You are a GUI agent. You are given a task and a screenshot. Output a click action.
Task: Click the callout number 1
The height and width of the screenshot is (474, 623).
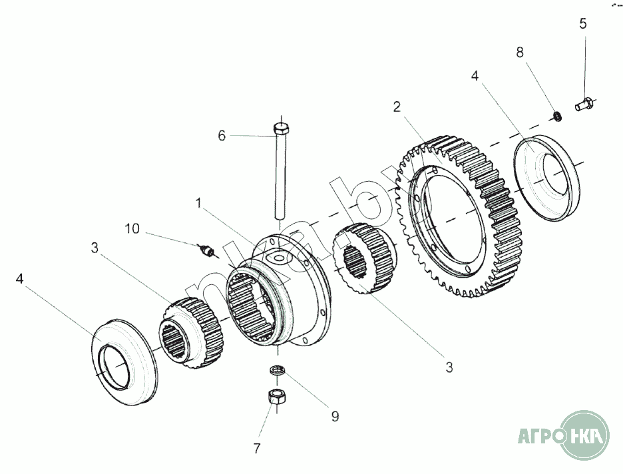[x=197, y=201]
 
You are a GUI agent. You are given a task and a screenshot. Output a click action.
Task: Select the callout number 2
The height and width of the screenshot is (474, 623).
[x=396, y=107]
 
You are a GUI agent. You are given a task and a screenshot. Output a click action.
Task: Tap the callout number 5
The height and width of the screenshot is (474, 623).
[x=583, y=24]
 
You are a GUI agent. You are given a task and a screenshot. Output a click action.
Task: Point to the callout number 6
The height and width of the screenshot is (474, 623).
[x=222, y=135]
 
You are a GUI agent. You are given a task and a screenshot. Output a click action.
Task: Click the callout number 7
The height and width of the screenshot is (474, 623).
[x=256, y=448]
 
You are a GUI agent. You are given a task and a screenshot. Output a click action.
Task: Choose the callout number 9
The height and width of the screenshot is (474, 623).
[x=335, y=417]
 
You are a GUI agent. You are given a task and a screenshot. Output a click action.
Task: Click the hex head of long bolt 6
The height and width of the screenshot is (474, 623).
[x=282, y=127]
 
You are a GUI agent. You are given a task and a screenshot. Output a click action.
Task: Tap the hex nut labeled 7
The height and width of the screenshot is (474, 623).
[x=274, y=397]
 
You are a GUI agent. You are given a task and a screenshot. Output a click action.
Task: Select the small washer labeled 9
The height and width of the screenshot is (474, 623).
[x=276, y=370]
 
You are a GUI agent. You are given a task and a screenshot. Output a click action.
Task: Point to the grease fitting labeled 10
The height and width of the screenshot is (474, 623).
[x=208, y=252]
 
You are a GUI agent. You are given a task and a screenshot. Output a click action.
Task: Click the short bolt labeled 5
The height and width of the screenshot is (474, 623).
[x=584, y=104]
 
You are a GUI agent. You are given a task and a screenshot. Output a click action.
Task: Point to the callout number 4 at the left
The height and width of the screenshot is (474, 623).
[x=19, y=278]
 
